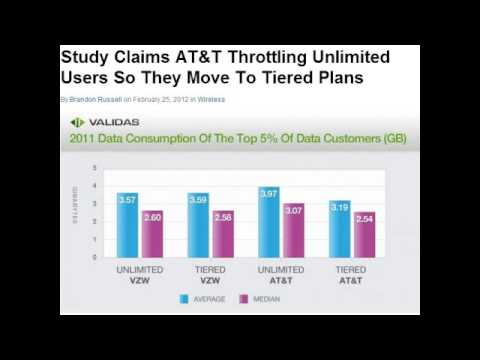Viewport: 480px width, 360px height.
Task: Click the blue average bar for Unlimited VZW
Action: coord(127,226)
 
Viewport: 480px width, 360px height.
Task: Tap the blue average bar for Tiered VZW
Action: coord(198,226)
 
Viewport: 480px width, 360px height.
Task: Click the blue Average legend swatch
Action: coord(185,298)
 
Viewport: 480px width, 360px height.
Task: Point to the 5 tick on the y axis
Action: coord(94,167)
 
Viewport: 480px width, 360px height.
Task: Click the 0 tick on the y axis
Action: coord(94,257)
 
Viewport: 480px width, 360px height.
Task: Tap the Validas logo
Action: coord(97,122)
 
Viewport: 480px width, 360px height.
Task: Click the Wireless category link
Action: coord(211,100)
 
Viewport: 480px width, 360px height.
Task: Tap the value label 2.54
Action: coord(364,217)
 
